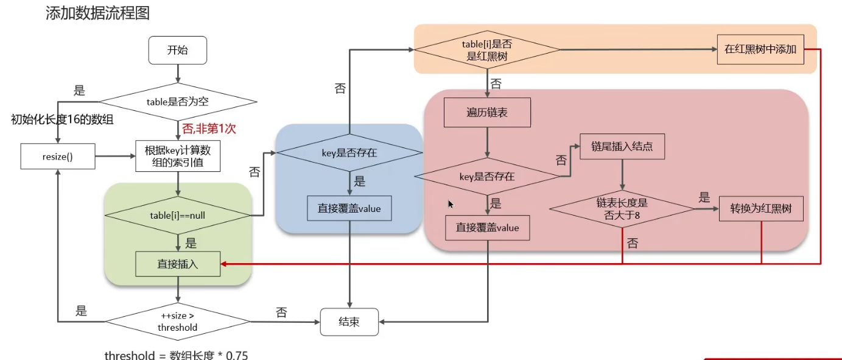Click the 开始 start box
click(x=178, y=50)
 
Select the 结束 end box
click(x=349, y=322)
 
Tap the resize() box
click(x=57, y=157)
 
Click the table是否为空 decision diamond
click(x=178, y=102)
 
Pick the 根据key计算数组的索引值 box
click(x=178, y=157)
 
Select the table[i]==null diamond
click(x=178, y=214)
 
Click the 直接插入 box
click(x=178, y=264)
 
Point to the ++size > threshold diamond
click(x=178, y=322)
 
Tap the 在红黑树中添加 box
click(x=760, y=50)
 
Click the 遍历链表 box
click(x=487, y=113)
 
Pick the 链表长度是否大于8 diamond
click(x=622, y=209)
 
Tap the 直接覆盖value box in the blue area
click(x=349, y=208)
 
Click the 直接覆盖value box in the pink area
click(x=487, y=228)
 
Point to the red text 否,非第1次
click(x=209, y=128)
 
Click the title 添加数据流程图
click(x=97, y=13)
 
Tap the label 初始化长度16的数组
click(x=63, y=119)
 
